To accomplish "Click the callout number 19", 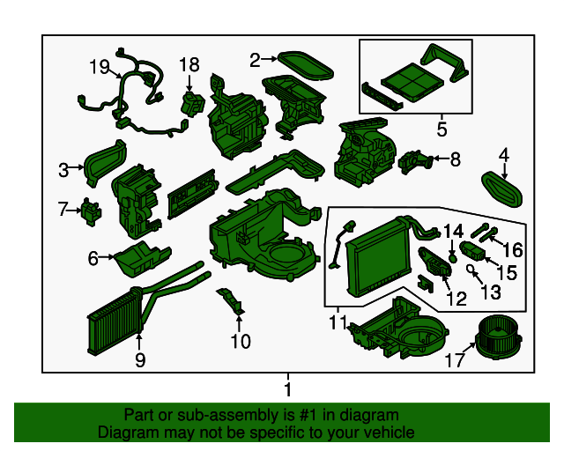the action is tap(100, 67).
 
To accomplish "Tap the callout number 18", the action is tap(189, 64).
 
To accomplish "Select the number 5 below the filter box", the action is tap(442, 129).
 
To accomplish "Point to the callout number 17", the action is tap(455, 360).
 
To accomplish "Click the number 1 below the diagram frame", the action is tap(288, 389).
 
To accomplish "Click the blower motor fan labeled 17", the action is tap(498, 337).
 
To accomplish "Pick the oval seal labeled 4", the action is tap(501, 189).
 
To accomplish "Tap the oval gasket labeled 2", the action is tap(306, 65).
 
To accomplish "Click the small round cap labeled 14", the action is tap(453, 257).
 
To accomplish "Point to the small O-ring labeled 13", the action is tap(470, 268).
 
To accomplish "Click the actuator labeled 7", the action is tap(91, 211).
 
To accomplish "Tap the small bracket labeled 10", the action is tap(231, 300).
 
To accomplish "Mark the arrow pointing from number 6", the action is tap(107, 257).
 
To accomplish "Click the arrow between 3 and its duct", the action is tap(77, 167).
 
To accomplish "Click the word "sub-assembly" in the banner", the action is tap(227, 416).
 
